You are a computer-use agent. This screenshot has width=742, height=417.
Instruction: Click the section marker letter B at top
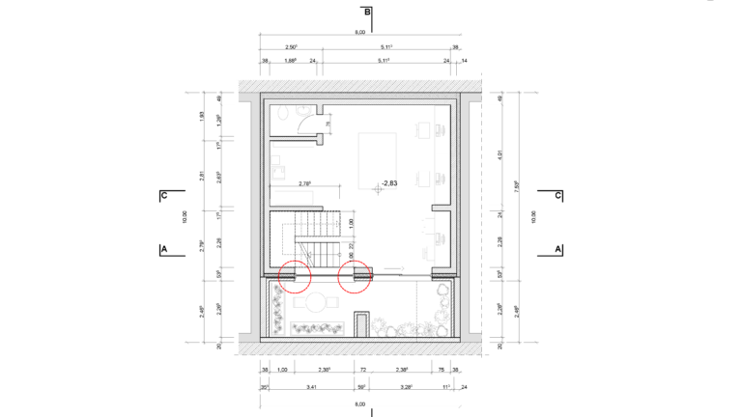367,13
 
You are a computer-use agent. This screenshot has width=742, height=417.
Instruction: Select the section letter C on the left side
164,195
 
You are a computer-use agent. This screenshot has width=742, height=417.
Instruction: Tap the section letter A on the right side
558,249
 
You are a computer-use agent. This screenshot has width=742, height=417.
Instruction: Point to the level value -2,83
390,181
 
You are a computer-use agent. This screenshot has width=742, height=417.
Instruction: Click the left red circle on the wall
295,276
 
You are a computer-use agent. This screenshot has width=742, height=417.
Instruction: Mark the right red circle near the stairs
357,276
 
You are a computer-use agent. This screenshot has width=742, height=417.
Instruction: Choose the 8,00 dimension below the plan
359,403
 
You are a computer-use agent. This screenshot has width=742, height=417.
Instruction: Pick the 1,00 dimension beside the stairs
350,223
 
